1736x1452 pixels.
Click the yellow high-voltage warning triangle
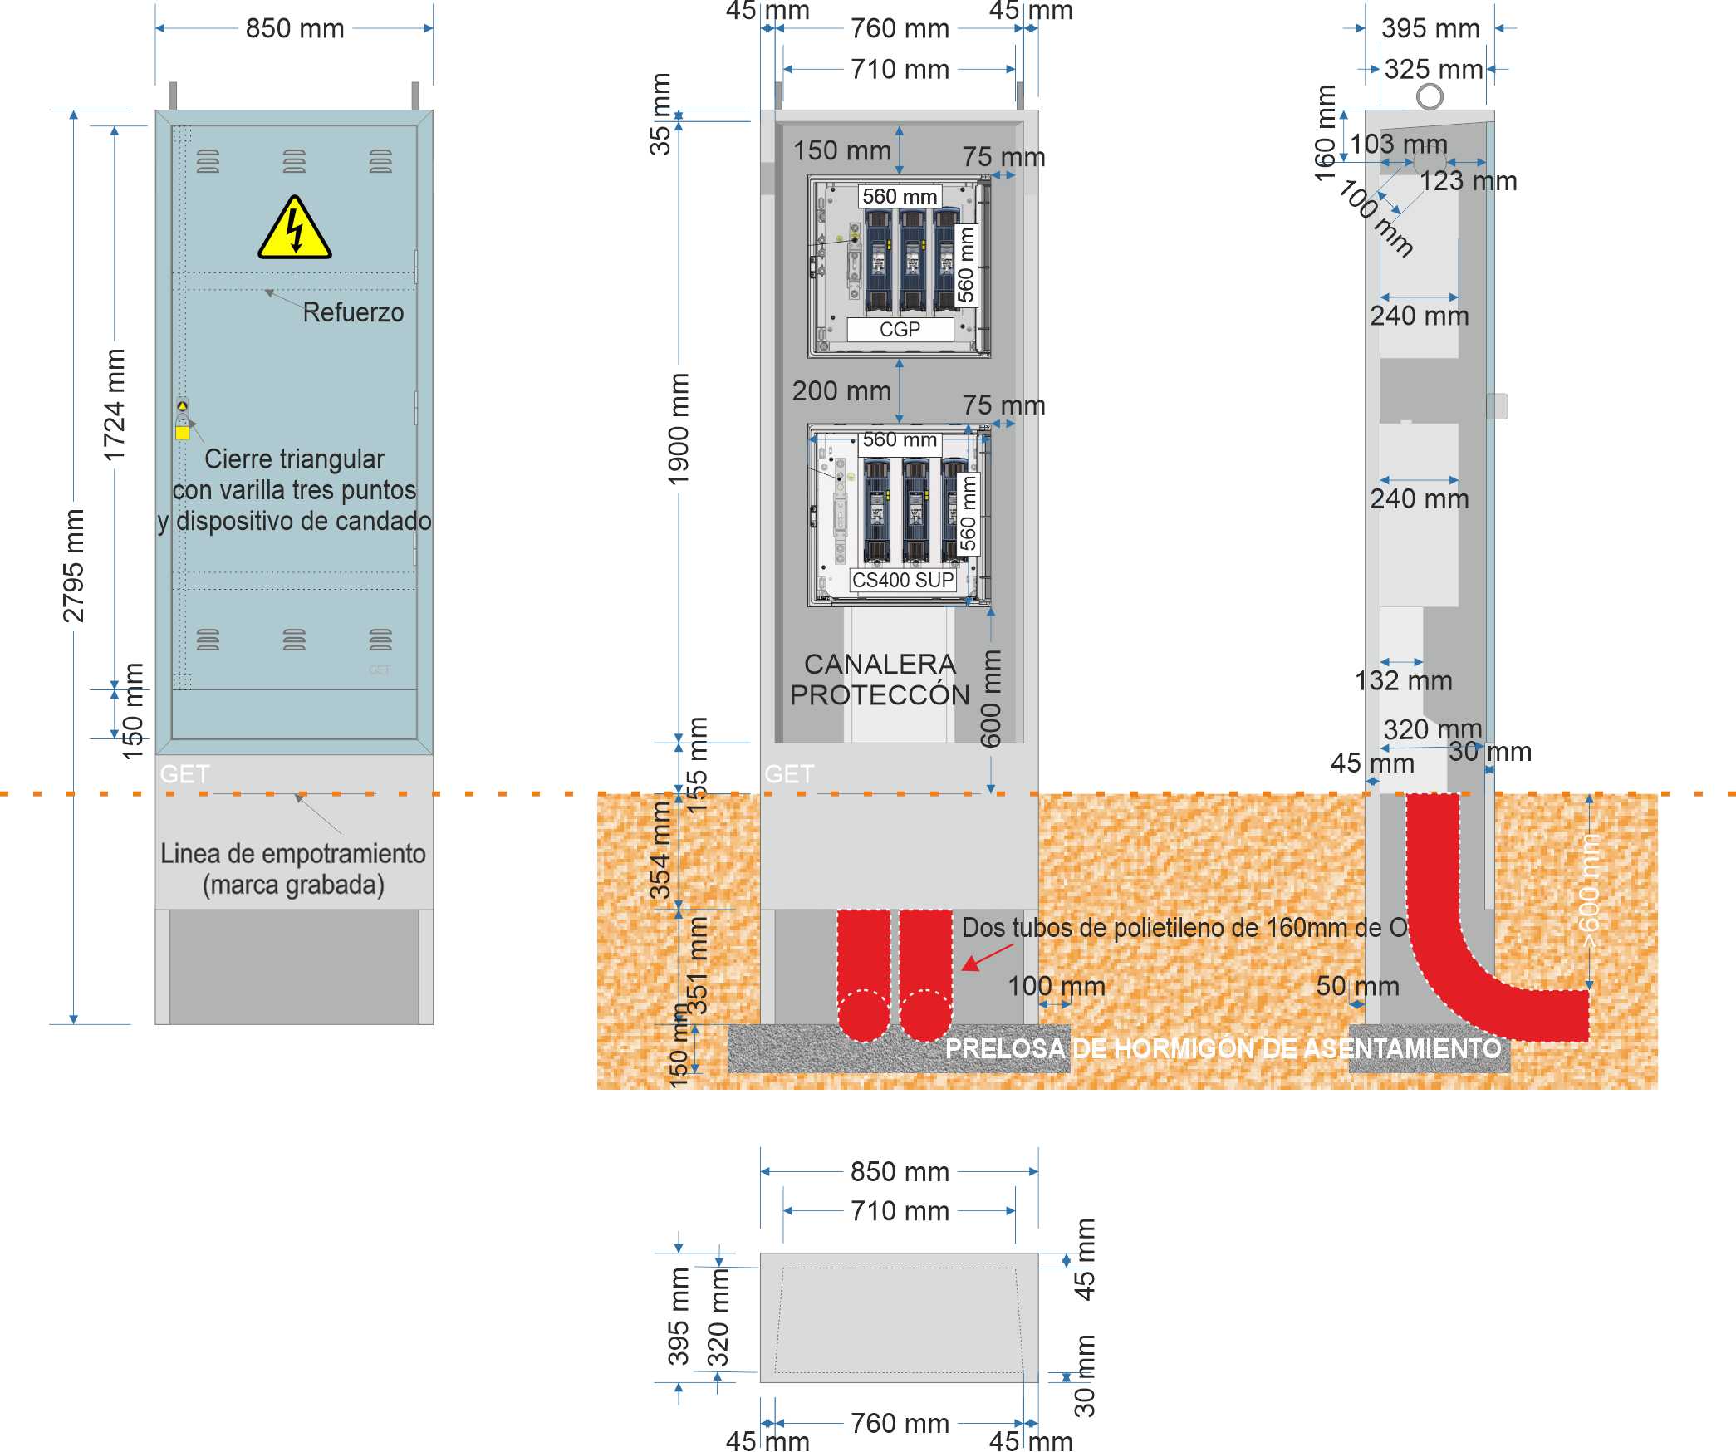point(294,229)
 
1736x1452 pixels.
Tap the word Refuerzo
point(353,312)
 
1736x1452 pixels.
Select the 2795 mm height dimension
point(74,566)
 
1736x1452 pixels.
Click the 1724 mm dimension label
point(115,405)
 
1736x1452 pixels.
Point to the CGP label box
point(900,330)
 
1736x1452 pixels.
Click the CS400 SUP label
point(903,580)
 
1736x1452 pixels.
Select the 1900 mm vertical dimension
point(679,429)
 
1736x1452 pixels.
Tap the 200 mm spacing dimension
point(841,390)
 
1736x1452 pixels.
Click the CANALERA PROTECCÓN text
point(880,679)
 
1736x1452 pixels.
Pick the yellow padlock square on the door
point(183,432)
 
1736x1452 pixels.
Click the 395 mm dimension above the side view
point(1430,28)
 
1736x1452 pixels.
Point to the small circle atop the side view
point(1430,96)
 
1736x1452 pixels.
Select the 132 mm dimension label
point(1404,681)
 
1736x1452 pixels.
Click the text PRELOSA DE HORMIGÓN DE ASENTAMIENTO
point(1224,1048)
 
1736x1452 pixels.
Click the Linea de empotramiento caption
point(293,869)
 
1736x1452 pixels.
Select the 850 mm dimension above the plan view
point(900,1171)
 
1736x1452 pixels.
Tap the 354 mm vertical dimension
point(660,850)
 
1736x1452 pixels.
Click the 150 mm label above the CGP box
point(841,150)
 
